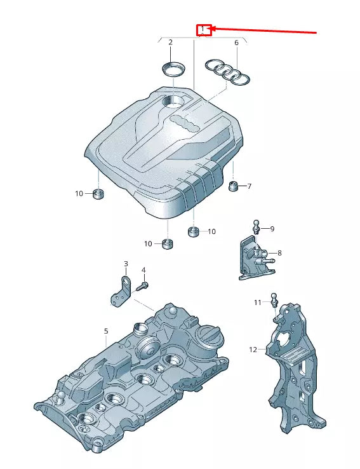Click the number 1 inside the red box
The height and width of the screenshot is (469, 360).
[x=203, y=29]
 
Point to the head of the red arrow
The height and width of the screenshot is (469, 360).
[x=213, y=28]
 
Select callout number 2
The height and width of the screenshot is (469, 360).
[x=170, y=43]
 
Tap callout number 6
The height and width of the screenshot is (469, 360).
[x=236, y=43]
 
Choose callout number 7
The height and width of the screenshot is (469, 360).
[x=249, y=186]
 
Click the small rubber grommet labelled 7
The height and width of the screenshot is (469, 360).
[x=233, y=186]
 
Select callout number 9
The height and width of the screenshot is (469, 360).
[x=272, y=229]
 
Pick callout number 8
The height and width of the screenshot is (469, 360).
[x=279, y=253]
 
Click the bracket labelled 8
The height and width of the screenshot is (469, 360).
[x=252, y=258]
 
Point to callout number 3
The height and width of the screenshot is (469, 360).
[x=126, y=264]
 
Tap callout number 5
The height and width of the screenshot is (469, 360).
[x=106, y=331]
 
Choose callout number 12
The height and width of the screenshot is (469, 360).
[x=253, y=350]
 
